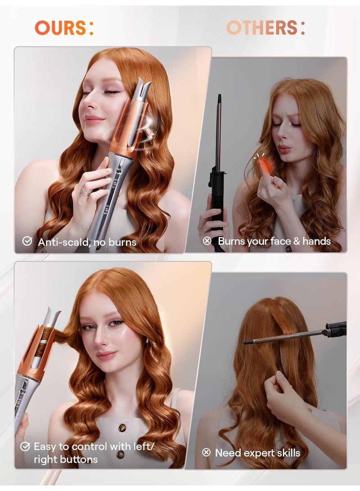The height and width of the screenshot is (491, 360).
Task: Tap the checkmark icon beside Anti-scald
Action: (27, 242)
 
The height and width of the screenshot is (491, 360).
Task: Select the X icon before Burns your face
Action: (207, 241)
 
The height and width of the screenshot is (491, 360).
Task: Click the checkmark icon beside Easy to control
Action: (25, 446)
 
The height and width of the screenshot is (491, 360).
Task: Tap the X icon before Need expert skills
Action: (206, 452)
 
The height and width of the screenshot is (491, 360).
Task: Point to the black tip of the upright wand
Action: (219, 99)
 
